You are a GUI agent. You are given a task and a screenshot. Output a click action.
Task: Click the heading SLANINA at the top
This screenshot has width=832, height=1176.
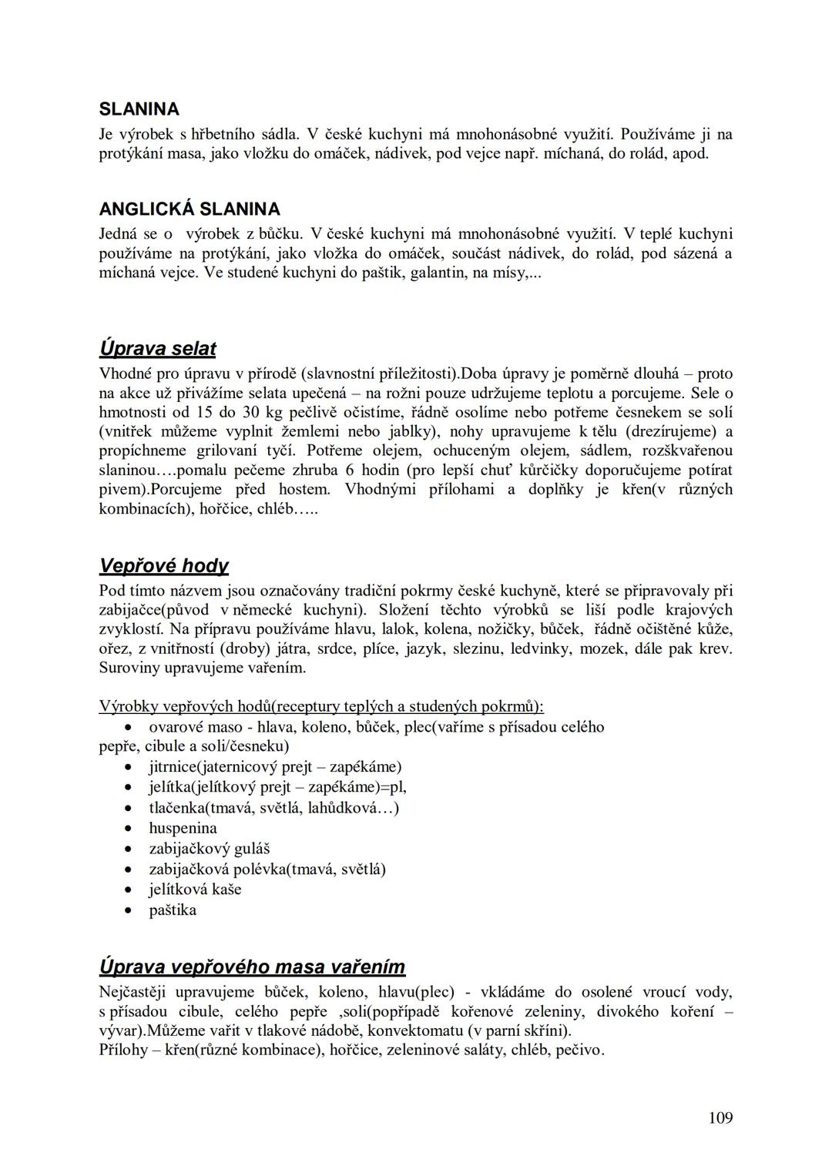(x=139, y=109)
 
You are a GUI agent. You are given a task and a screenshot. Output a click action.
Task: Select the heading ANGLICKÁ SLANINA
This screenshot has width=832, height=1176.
(x=190, y=209)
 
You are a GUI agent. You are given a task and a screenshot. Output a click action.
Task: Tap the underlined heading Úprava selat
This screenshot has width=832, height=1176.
(x=157, y=349)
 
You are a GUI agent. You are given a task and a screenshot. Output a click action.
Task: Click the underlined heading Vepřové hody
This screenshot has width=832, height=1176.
(x=164, y=566)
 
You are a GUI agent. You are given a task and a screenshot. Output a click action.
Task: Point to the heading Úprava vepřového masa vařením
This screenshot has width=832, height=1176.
(x=252, y=967)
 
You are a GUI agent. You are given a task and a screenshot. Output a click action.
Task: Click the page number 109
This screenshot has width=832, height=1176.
(x=720, y=1117)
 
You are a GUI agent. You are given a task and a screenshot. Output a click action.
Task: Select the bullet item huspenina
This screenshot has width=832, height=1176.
(x=183, y=829)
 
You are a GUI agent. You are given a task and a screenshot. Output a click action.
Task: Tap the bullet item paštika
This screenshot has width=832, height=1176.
(x=173, y=910)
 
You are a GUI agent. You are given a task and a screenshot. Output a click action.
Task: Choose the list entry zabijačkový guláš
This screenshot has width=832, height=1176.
(x=209, y=849)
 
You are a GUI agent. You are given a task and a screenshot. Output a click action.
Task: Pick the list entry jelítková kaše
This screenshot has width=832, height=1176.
(x=195, y=890)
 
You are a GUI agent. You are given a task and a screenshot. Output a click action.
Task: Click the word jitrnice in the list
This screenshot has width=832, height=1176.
(x=172, y=767)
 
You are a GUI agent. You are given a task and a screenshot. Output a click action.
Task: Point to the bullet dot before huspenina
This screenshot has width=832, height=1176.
(x=129, y=829)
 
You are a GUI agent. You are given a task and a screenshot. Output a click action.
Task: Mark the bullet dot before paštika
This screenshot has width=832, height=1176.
(x=129, y=911)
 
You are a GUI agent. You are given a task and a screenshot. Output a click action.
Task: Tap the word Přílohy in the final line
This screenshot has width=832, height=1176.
(x=123, y=1050)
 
